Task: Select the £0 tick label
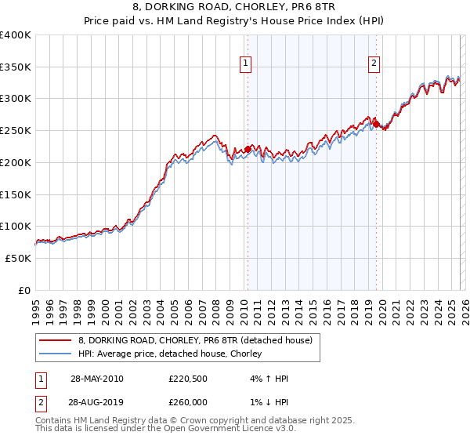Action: [x=24, y=290]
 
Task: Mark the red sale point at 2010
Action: [x=248, y=149]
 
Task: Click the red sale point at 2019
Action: [x=376, y=124]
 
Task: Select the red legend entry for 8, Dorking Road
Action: [x=195, y=340]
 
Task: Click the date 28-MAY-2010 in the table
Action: [x=96, y=379]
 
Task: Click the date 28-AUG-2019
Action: [x=96, y=402]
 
